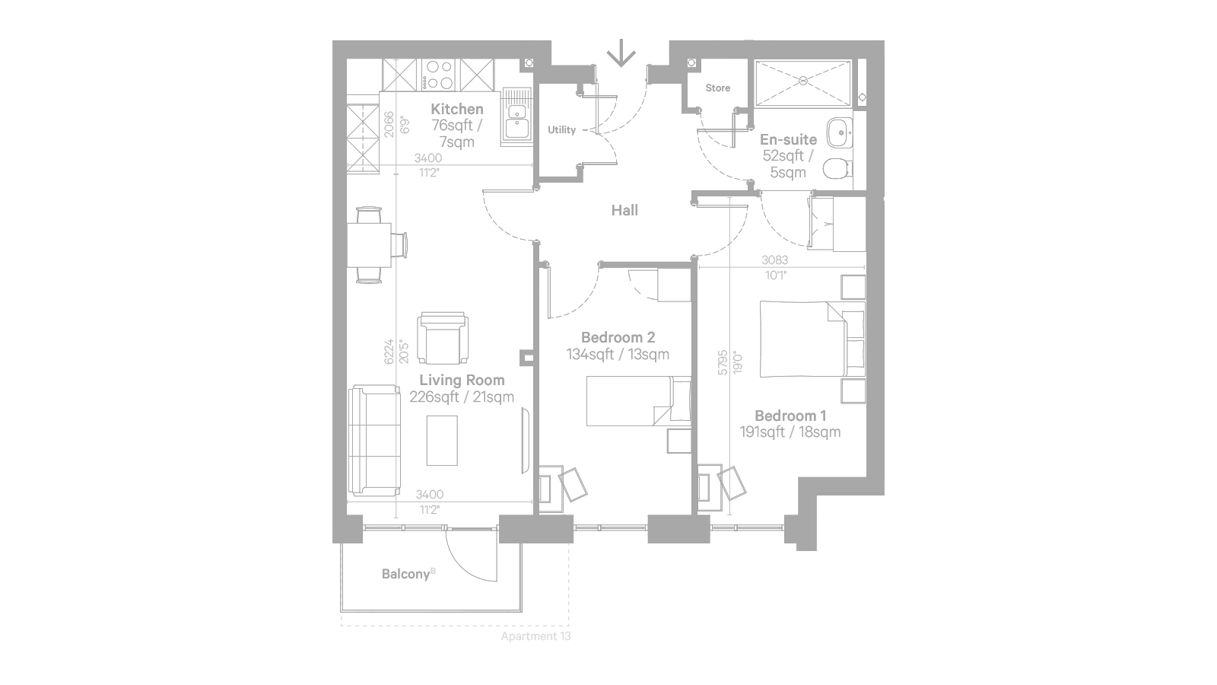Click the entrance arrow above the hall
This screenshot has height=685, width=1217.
[x=621, y=53]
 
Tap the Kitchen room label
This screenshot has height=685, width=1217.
[x=457, y=109]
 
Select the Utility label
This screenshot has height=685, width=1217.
[x=562, y=129]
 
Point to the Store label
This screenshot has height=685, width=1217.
[x=718, y=88]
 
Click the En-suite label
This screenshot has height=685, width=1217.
[x=788, y=139]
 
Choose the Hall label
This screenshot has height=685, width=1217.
[x=624, y=210]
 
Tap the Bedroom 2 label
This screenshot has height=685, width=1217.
[x=618, y=337]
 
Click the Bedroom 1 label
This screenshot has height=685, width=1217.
[x=790, y=416]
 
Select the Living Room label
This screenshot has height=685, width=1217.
[x=462, y=380]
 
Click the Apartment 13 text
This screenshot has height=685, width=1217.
[x=535, y=636]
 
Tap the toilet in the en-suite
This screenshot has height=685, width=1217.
[x=837, y=168]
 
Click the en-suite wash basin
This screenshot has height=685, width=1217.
[x=840, y=132]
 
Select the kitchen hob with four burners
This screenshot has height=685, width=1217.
[x=439, y=75]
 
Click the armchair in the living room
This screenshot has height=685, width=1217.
[x=443, y=338]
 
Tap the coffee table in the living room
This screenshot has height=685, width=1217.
[x=442, y=441]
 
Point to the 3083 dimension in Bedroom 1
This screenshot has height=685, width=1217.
[x=775, y=260]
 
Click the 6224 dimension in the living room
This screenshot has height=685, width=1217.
[x=389, y=352]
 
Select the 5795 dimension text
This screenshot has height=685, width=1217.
[x=722, y=362]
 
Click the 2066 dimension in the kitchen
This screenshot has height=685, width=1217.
[x=389, y=125]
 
